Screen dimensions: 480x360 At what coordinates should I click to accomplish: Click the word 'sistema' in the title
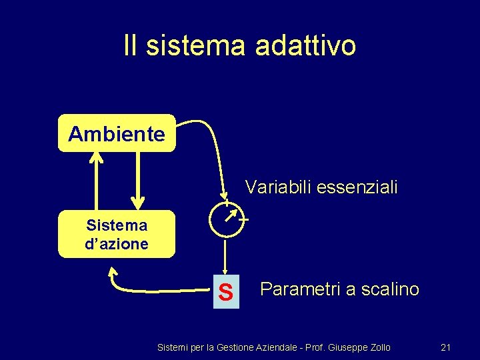196,46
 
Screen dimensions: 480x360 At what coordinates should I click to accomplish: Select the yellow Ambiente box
117,134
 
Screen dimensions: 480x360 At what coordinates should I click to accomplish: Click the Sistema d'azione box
117,235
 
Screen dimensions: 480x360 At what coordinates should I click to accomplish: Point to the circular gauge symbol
226,219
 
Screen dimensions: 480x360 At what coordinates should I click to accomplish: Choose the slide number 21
446,347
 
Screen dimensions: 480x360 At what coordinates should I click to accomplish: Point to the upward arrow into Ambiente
97,180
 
